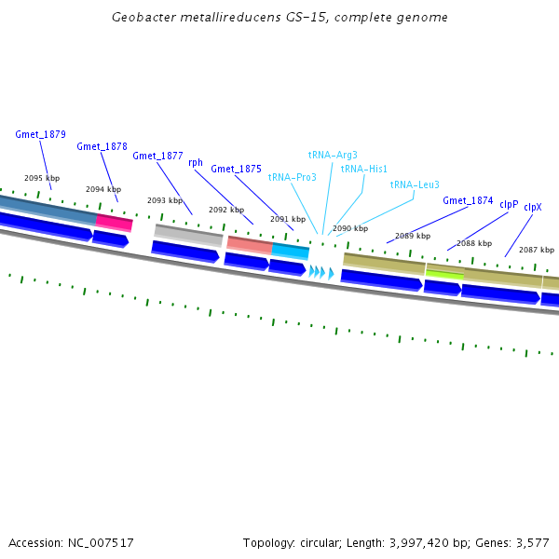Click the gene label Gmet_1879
coord(40,134)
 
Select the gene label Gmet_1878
coord(102,146)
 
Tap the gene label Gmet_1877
coord(157,156)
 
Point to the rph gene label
coord(196,162)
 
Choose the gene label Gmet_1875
coord(236,169)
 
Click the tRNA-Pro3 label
coord(292,177)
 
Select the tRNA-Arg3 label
coord(333,155)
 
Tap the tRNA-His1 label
coord(364,169)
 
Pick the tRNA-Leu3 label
coord(415,184)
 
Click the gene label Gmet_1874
coord(468,200)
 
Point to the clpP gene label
coord(509,204)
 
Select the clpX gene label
coord(533,208)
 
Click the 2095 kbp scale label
coord(42,178)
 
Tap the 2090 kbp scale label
coord(350,228)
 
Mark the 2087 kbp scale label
coord(536,250)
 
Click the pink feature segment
coord(114,222)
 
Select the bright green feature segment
coord(444,274)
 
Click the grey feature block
coord(188,234)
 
